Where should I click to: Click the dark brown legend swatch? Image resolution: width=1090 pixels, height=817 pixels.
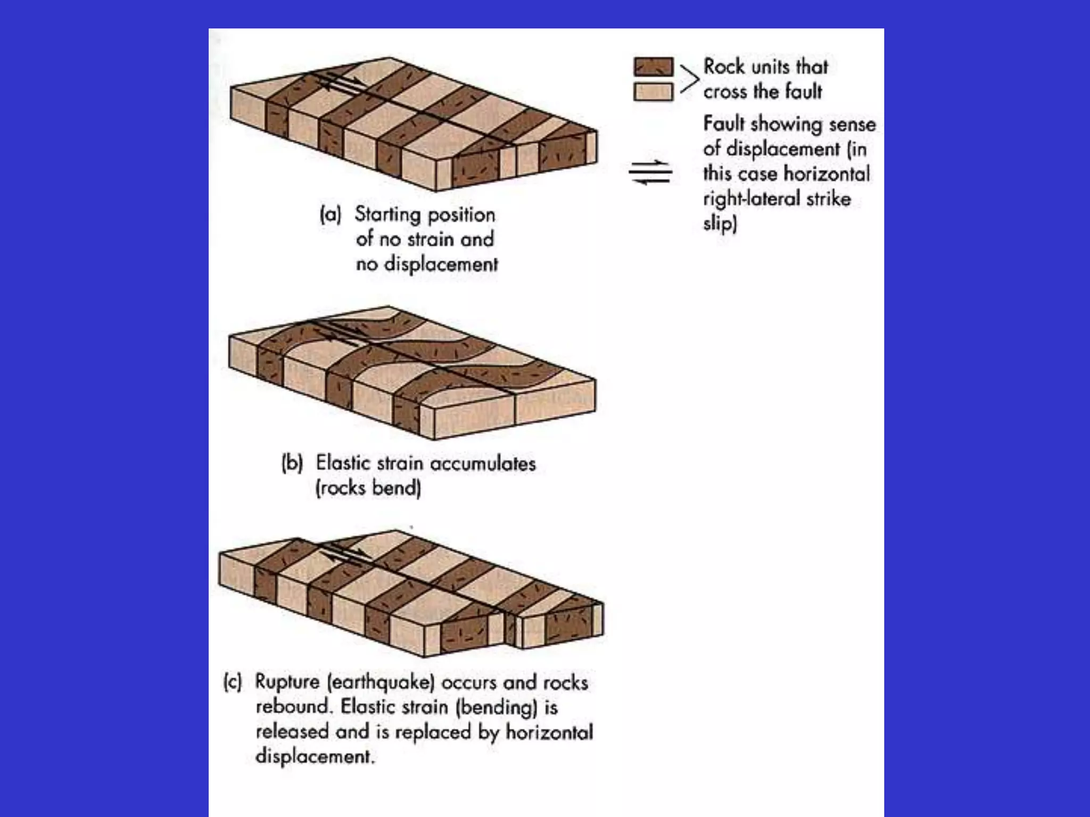(x=653, y=67)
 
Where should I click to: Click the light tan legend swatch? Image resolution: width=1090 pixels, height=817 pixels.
(x=653, y=91)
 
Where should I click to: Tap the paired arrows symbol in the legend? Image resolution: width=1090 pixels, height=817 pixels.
(x=650, y=172)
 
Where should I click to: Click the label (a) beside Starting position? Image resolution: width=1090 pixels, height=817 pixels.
(x=330, y=214)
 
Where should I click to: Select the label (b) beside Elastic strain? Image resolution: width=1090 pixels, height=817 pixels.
(x=292, y=463)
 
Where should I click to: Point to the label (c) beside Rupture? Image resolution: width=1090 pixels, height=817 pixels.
(x=233, y=682)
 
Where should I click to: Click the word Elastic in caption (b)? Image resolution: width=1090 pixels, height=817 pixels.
(x=343, y=463)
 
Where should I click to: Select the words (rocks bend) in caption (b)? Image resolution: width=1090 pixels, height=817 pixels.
(x=368, y=488)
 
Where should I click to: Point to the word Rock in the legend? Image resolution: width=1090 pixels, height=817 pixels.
(x=723, y=66)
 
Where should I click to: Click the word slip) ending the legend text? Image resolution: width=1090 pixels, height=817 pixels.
(x=720, y=223)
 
